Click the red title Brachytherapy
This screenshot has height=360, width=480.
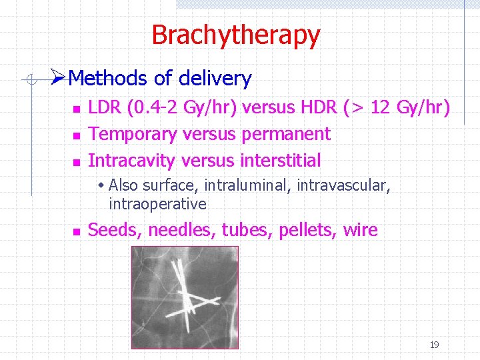pyautogui.click(x=235, y=35)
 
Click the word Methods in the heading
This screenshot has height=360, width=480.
pyautogui.click(x=108, y=79)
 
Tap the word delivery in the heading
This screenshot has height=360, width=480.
pyautogui.click(x=215, y=79)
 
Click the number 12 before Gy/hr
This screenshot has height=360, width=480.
pyautogui.click(x=380, y=107)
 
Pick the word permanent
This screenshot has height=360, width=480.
pyautogui.click(x=286, y=134)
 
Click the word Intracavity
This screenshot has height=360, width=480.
pyautogui.click(x=131, y=161)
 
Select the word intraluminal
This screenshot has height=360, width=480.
pyautogui.click(x=247, y=185)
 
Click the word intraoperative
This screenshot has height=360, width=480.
pyautogui.click(x=157, y=203)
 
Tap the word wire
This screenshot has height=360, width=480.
pyautogui.click(x=360, y=231)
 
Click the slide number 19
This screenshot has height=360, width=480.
pyautogui.click(x=434, y=345)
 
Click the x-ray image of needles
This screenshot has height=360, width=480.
pyautogui.click(x=185, y=297)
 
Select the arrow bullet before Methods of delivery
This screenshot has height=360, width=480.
pyautogui.click(x=58, y=79)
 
